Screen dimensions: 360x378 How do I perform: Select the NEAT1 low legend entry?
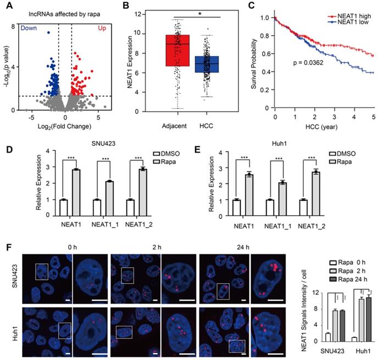click(352, 24)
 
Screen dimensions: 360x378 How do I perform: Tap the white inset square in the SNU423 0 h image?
click(42, 270)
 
